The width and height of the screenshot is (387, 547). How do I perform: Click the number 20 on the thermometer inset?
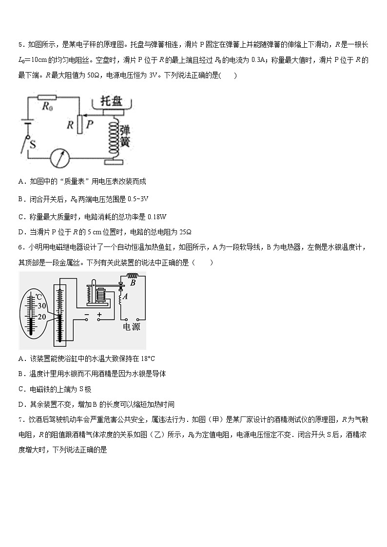click(x=41, y=317)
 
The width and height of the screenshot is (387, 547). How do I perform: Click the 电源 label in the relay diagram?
click(x=131, y=327)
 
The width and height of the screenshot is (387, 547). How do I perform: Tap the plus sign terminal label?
click(x=99, y=315)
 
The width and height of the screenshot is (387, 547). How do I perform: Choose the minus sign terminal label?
click(x=86, y=315)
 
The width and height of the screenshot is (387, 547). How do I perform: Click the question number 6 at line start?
click(x=20, y=247)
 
